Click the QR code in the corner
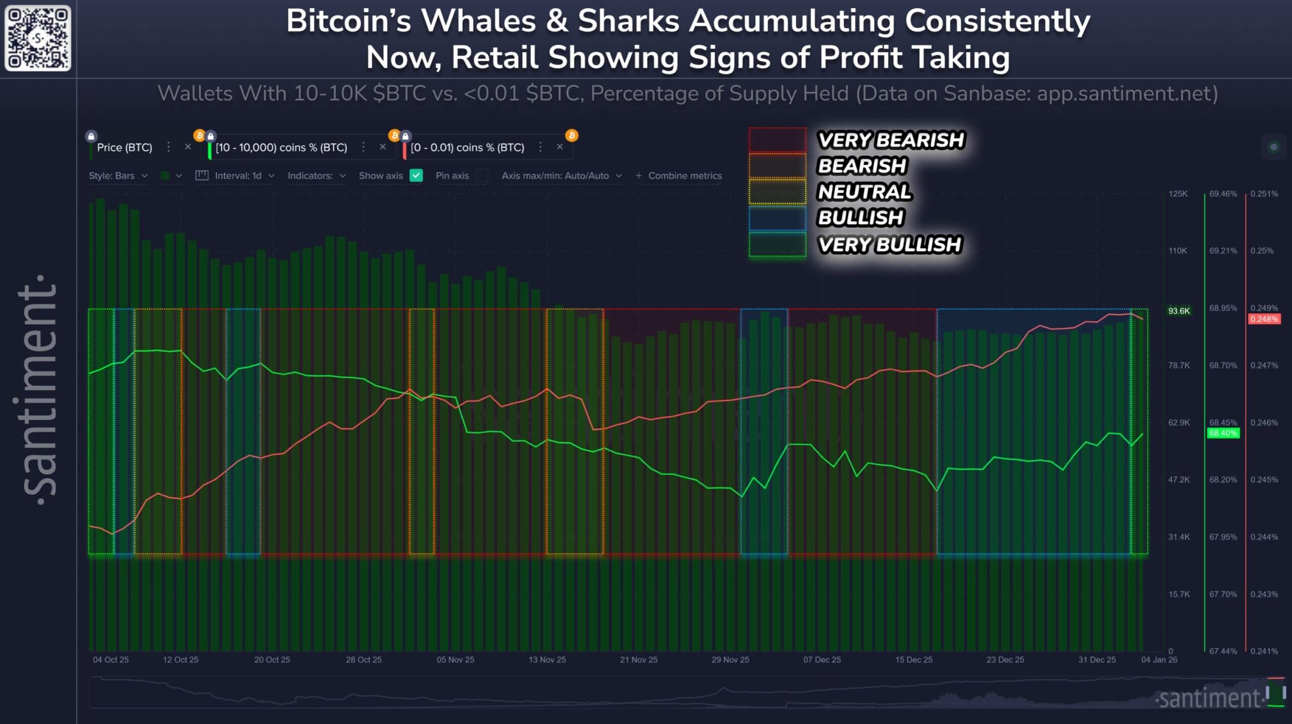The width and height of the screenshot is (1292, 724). coord(38,38)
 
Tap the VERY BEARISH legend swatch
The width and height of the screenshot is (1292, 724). coord(777,140)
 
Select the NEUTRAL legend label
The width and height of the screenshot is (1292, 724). coord(864,192)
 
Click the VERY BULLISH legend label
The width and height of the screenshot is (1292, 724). coord(890,245)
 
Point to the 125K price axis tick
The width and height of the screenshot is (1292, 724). coord(1178,194)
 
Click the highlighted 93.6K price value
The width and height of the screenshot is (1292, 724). coord(1179,311)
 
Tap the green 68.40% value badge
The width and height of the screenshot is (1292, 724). coord(1223,433)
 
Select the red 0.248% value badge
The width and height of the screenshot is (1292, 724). coord(1264,319)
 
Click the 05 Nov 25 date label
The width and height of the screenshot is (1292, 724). coord(455,659)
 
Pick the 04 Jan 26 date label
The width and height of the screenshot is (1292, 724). coord(1159,659)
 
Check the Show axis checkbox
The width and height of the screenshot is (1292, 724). coord(416,176)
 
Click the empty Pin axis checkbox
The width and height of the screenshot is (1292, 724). coord(482,176)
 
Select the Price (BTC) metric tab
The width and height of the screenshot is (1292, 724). coord(124,147)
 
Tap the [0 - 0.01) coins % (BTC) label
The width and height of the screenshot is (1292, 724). coord(467,147)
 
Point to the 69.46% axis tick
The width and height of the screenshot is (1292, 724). coord(1223,194)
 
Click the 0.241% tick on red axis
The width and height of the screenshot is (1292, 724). coord(1264,651)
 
